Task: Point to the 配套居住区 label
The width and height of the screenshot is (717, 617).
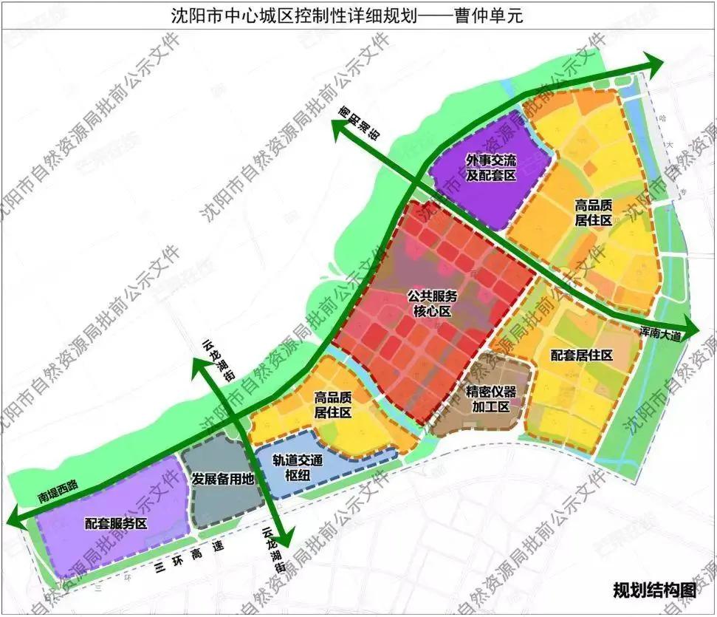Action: click(x=582, y=355)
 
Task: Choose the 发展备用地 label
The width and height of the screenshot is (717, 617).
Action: click(x=222, y=479)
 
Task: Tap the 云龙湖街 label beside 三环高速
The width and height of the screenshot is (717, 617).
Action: click(x=272, y=550)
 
